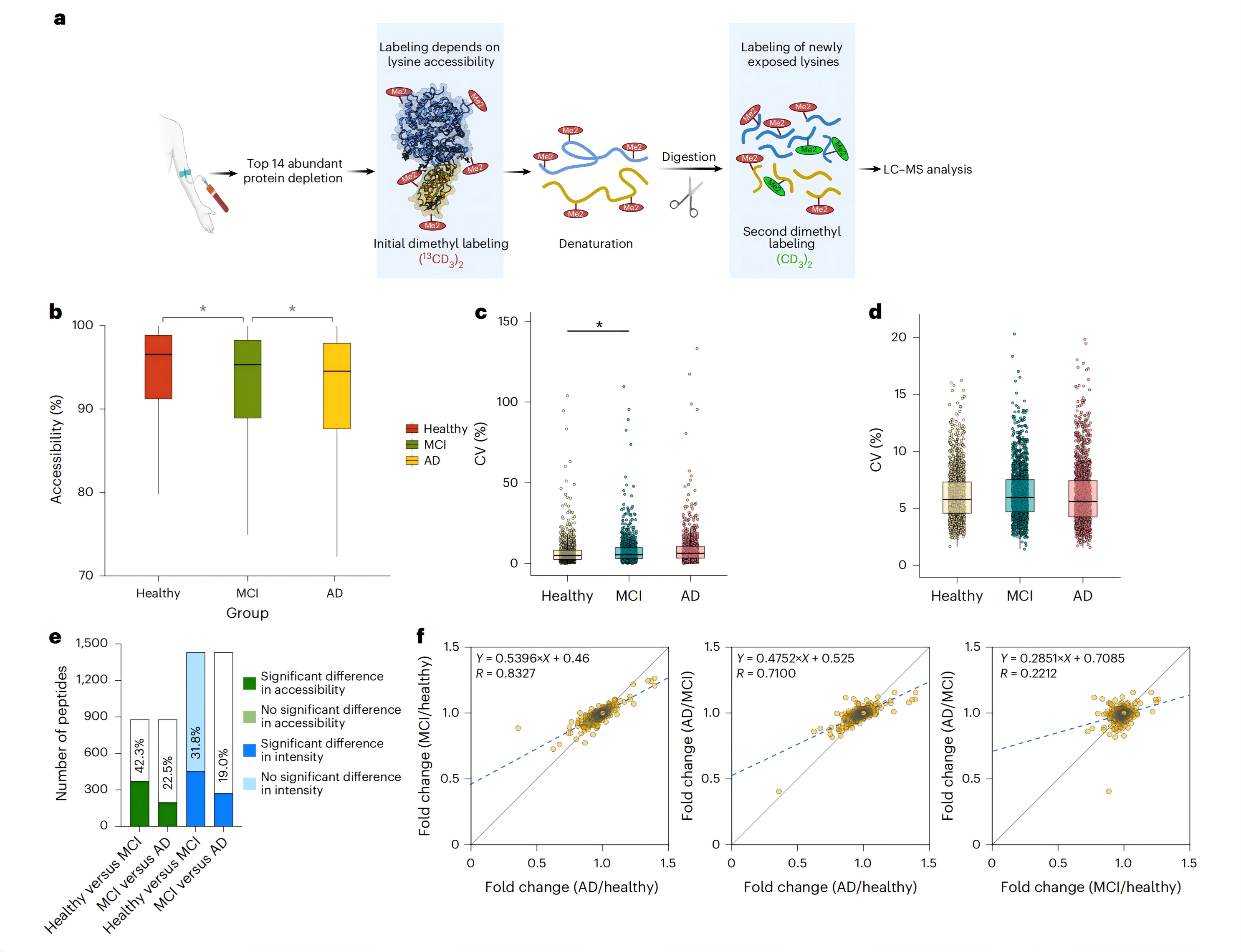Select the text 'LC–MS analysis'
click(x=927, y=169)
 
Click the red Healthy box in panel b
click(x=158, y=367)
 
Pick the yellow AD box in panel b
click(x=336, y=386)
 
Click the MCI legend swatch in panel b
click(x=412, y=445)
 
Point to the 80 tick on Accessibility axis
click(x=86, y=492)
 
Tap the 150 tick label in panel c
click(x=508, y=321)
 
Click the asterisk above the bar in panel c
click(x=599, y=325)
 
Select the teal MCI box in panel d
click(x=1019, y=496)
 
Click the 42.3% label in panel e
click(x=139, y=755)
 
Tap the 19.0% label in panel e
click(x=223, y=765)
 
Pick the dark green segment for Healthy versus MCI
click(x=139, y=803)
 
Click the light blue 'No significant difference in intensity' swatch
click(x=249, y=784)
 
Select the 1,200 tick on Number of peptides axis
click(x=92, y=679)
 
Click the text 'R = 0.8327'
click(x=505, y=673)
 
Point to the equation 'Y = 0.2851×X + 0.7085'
click(x=1062, y=659)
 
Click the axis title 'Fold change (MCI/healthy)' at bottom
click(x=1090, y=887)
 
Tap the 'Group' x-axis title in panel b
click(x=247, y=613)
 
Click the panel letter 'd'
click(x=875, y=312)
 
